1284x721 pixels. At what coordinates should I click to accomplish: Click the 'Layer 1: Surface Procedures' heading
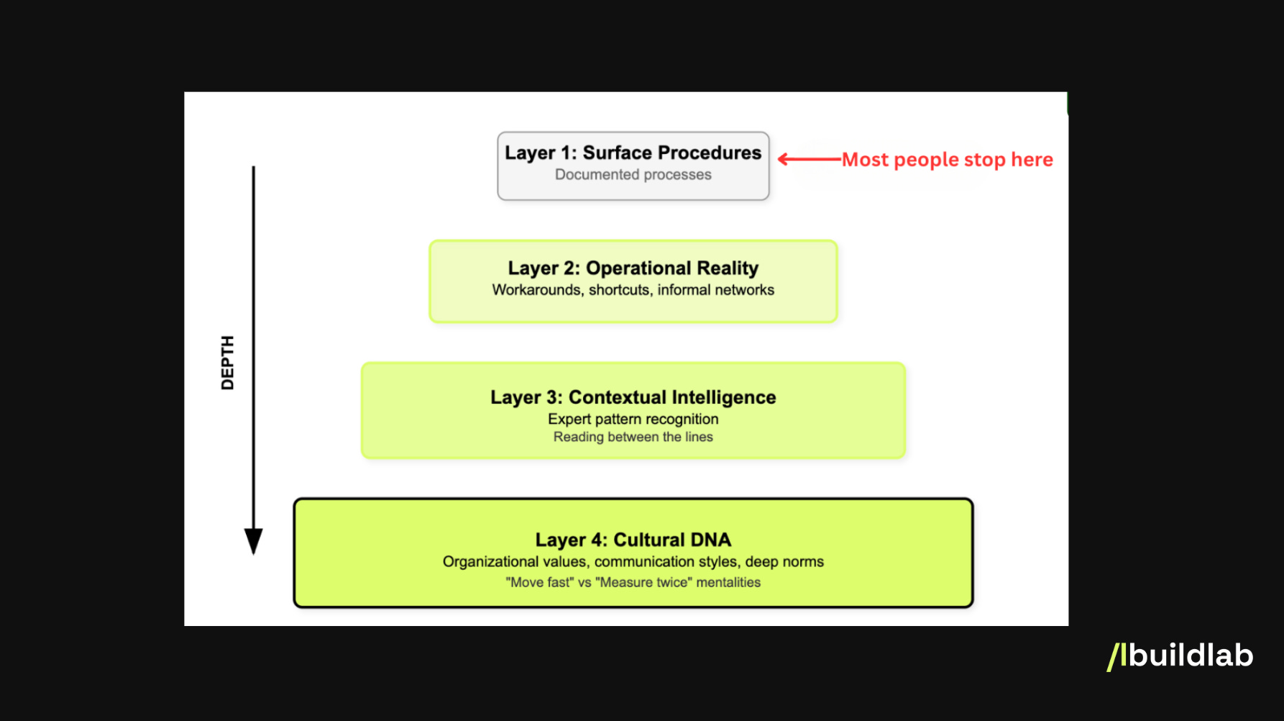point(633,153)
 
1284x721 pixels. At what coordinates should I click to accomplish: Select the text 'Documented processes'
point(633,175)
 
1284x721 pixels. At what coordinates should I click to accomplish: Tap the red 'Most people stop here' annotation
point(947,160)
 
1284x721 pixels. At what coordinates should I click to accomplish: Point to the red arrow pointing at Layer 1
point(809,159)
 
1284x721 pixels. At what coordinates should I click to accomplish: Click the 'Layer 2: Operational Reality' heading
point(633,268)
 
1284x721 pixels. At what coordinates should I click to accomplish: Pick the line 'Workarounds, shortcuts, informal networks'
point(633,290)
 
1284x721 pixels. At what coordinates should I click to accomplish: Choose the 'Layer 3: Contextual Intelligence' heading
point(633,397)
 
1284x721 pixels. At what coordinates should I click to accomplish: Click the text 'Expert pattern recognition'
point(633,420)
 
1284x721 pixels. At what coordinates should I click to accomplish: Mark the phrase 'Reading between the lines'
point(633,437)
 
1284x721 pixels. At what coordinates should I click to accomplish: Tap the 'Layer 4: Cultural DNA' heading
point(633,540)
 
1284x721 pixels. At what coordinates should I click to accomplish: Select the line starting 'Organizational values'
point(633,562)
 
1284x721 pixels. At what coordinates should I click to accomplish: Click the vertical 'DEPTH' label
point(227,363)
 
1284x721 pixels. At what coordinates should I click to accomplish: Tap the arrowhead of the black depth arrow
point(253,540)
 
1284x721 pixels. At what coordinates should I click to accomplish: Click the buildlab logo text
point(1190,656)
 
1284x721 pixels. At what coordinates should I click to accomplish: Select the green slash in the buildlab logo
point(1114,657)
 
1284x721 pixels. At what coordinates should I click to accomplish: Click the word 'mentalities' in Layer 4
point(728,582)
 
